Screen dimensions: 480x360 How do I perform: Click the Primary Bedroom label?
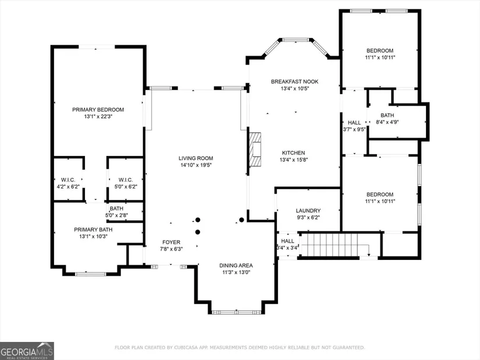coord(98,109)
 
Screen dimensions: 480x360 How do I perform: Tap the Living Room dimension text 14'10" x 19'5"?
coord(196,165)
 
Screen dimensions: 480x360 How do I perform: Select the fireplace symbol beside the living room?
coord(255,149)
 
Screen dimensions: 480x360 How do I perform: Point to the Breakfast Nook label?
coord(294,82)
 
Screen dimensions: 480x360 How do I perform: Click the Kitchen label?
coord(293,153)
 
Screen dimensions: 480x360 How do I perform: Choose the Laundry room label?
coord(308,211)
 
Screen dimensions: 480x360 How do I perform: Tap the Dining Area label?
coord(236,265)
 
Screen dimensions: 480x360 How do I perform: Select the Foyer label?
coord(171,242)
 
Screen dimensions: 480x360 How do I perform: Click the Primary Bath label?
coord(93,230)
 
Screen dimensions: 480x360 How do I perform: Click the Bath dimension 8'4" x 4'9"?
coord(387,122)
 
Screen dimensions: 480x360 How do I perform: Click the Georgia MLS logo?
coord(27,351)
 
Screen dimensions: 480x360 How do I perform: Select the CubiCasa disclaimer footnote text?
coord(240,347)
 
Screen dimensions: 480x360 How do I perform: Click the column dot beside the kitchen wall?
coord(241,220)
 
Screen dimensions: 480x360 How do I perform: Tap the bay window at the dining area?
coord(236,312)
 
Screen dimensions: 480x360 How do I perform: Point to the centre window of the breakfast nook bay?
coord(296,40)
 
